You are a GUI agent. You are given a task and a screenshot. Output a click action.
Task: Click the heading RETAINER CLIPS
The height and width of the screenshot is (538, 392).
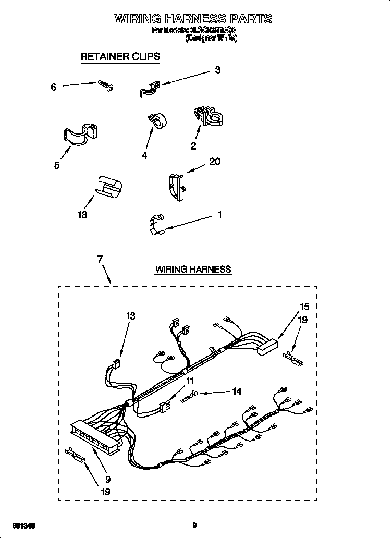point(120,56)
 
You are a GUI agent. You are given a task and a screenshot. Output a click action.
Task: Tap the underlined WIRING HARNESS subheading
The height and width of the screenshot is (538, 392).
point(193,270)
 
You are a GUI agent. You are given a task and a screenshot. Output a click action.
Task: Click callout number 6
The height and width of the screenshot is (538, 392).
point(53,88)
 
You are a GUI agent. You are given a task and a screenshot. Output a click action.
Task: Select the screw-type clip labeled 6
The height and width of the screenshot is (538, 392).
point(106,85)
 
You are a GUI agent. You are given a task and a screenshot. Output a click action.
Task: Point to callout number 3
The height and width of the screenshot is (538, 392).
point(218,70)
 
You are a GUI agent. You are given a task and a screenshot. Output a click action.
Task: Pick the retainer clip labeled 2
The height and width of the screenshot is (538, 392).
point(208,115)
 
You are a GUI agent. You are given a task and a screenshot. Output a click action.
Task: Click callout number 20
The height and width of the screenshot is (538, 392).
point(214,162)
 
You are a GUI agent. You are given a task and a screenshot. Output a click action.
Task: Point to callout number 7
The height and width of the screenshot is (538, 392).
point(100,260)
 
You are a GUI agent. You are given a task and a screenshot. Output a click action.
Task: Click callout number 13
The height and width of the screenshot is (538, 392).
point(130,315)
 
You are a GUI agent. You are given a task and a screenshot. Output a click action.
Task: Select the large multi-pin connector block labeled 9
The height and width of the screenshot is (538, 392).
point(96,436)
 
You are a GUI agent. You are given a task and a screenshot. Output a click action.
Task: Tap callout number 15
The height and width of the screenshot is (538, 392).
point(304,307)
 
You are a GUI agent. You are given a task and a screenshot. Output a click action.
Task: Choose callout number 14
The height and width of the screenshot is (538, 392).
point(237,392)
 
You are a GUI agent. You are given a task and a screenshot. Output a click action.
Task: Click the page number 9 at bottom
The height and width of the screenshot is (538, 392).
point(194,525)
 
